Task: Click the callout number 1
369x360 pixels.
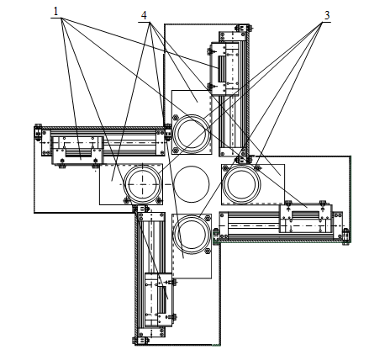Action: click(x=55, y=12)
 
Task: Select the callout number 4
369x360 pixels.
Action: click(x=144, y=15)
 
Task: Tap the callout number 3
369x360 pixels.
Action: click(x=327, y=15)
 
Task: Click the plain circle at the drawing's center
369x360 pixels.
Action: click(x=192, y=184)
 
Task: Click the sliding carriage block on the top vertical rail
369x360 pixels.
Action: click(x=225, y=69)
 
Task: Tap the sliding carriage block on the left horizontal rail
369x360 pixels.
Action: click(x=77, y=151)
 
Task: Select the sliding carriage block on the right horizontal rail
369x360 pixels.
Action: click(x=306, y=219)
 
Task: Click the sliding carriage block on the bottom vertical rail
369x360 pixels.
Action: click(x=158, y=299)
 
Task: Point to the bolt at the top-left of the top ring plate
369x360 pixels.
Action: click(x=176, y=118)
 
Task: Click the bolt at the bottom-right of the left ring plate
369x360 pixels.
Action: click(x=159, y=200)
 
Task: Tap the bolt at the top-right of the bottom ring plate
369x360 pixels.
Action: click(x=208, y=218)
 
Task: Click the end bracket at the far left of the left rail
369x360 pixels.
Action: click(x=38, y=132)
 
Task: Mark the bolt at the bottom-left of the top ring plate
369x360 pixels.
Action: click(x=176, y=150)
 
